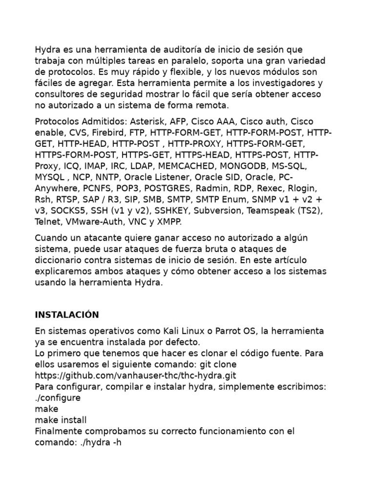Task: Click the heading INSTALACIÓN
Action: tap(66, 315)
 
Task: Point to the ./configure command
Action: tap(58, 398)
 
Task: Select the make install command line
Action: tap(61, 420)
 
